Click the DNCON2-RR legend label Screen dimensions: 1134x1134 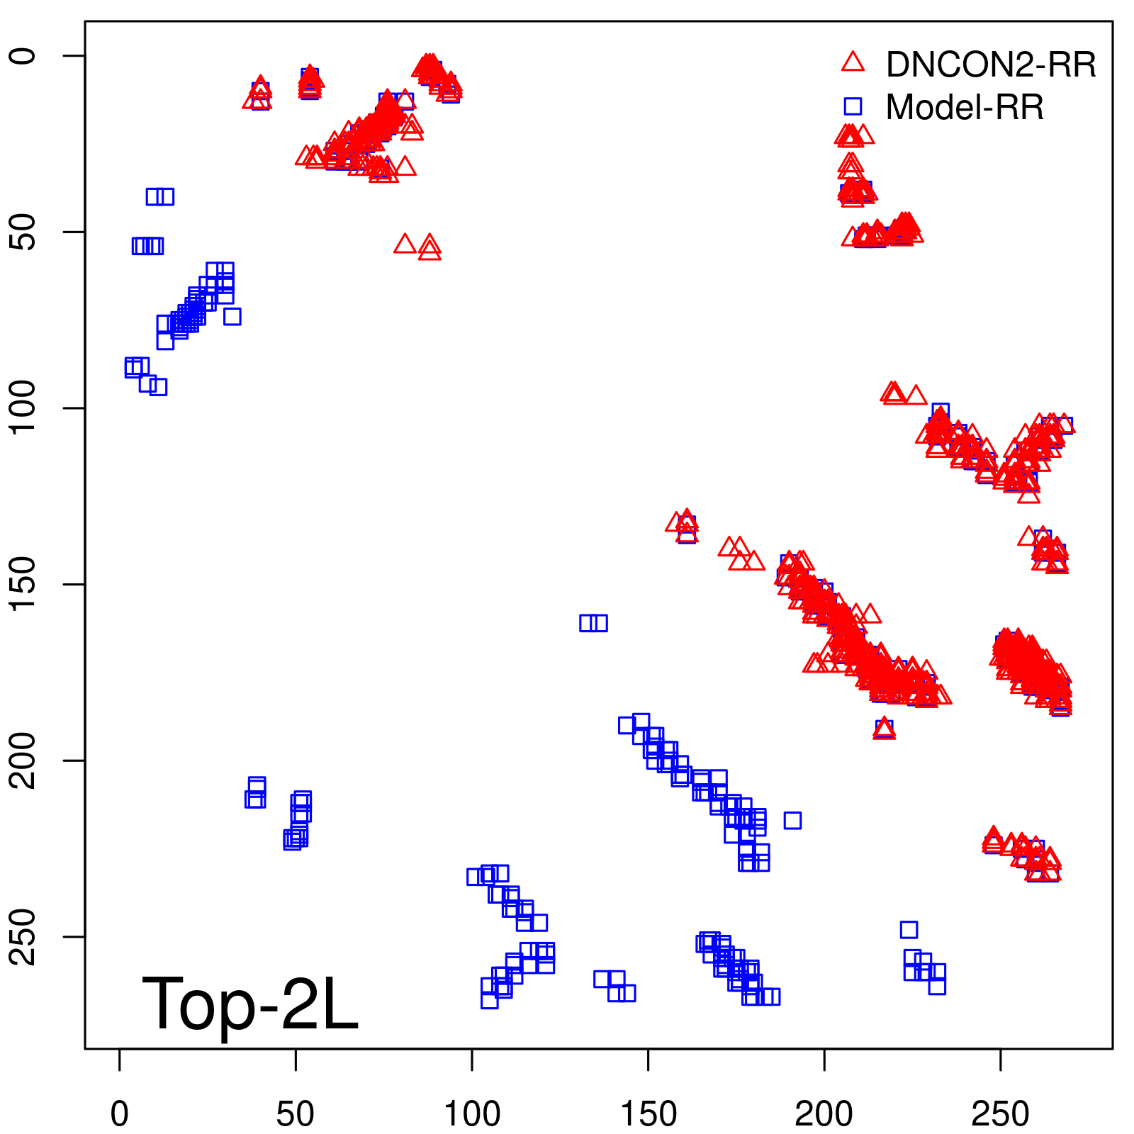[990, 65]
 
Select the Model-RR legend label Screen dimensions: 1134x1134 [965, 108]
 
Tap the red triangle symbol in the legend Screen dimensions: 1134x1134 [853, 62]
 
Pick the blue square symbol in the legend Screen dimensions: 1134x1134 [853, 106]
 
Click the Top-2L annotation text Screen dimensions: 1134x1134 [250, 1004]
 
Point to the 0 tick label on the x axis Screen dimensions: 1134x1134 [120, 1113]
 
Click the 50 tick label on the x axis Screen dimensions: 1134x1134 [296, 1113]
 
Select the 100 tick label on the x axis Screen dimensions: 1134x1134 [472, 1113]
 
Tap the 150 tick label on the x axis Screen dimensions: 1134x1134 [648, 1113]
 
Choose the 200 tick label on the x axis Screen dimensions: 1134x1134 [824, 1113]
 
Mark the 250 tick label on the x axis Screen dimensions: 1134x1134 [1000, 1113]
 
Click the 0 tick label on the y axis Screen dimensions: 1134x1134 [24, 56]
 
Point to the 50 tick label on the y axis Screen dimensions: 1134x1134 [24, 232]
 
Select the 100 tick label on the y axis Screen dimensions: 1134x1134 [24, 408]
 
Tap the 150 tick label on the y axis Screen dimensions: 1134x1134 [24, 584]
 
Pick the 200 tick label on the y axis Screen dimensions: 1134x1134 [24, 760]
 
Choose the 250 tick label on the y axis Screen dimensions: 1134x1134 [24, 936]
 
